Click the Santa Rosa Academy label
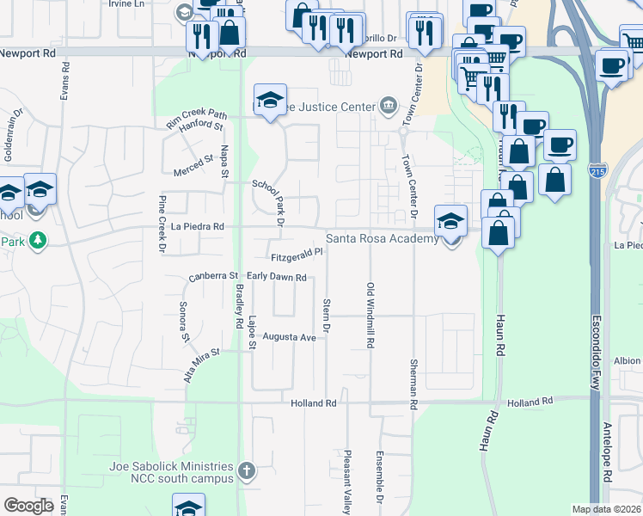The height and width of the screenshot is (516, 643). point(381,238)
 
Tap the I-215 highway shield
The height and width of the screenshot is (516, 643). point(597,171)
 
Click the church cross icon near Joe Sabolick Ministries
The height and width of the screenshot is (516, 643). point(247,470)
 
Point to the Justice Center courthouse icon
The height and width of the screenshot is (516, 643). point(389,106)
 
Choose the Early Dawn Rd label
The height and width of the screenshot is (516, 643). point(277,277)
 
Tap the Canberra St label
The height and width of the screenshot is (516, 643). point(213,277)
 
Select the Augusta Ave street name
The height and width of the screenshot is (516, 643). point(290,337)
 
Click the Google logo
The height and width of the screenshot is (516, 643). point(28,506)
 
